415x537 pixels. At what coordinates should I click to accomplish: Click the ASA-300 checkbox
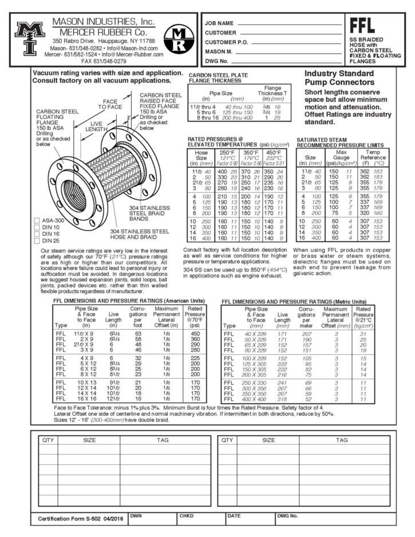[37, 220]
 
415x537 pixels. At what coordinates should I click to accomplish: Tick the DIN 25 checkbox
[37, 241]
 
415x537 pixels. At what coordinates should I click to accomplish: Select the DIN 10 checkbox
[37, 227]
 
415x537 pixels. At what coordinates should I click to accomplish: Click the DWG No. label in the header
[217, 60]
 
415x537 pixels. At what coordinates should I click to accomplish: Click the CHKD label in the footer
[187, 515]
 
